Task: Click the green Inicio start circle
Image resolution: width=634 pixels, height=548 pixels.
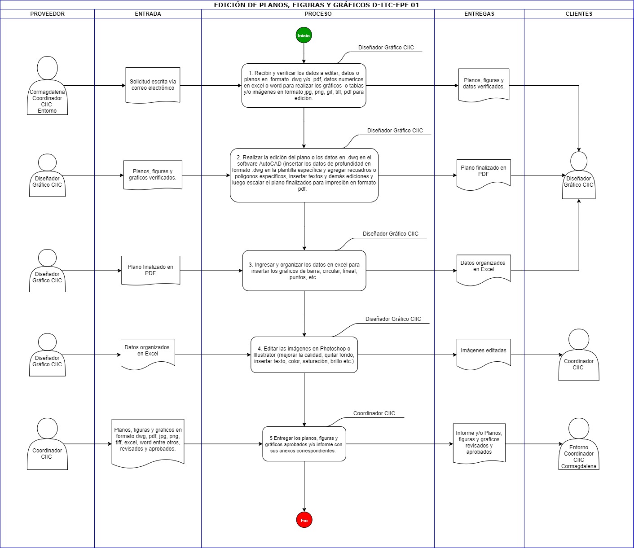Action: pos(304,35)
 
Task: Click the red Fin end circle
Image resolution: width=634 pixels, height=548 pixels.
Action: pos(304,520)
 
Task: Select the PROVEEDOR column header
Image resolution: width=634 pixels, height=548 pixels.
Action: pos(47,14)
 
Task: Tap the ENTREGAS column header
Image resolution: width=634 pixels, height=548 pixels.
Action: pos(479,14)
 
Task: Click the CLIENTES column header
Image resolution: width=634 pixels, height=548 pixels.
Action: pos(579,14)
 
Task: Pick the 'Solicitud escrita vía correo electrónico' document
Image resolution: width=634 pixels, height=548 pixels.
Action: pos(153,85)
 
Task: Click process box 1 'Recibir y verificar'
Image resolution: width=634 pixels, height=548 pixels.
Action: pos(304,86)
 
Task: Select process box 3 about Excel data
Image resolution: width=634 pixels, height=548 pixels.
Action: pos(304,271)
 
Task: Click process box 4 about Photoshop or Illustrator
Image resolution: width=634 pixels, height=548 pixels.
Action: pos(304,355)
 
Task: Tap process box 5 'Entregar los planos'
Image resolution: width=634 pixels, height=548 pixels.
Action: pos(304,444)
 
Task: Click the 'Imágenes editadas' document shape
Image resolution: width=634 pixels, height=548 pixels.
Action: pos(484,354)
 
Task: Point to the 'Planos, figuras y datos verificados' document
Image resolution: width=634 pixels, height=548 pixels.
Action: pos(484,85)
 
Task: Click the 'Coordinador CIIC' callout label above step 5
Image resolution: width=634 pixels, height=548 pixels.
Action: pos(374,413)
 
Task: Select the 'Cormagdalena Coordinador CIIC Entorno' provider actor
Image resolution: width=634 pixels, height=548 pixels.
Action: pos(47,86)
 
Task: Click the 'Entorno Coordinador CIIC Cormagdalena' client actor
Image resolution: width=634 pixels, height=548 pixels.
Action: pos(578,444)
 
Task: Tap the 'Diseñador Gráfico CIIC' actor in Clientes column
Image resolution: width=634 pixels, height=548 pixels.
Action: pos(578,175)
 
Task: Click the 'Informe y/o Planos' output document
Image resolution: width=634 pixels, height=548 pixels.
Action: pos(479,443)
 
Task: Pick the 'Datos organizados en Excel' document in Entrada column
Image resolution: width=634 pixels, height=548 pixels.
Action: pos(148,354)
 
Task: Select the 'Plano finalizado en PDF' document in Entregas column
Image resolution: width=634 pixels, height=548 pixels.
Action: pos(484,174)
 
